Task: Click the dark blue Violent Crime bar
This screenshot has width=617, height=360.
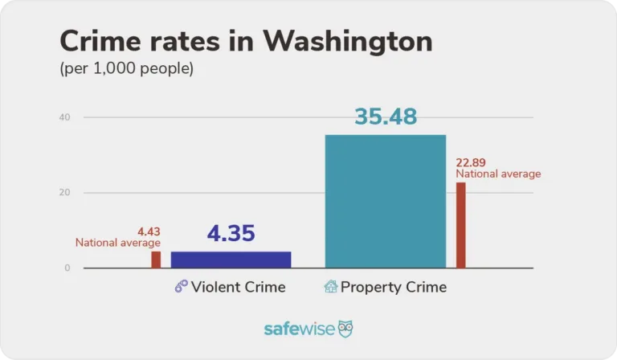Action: [231, 259]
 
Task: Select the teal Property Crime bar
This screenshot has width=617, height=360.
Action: [385, 201]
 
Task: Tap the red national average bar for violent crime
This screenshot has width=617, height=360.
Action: [156, 259]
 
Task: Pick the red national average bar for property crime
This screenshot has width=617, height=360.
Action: [460, 225]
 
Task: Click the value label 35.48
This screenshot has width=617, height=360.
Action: [385, 117]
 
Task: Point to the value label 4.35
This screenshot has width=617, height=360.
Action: [231, 234]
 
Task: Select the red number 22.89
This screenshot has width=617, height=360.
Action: [472, 162]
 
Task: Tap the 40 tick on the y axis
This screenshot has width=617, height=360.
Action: [64, 117]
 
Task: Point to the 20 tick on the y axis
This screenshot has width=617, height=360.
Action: [64, 193]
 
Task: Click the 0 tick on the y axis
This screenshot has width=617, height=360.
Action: [67, 268]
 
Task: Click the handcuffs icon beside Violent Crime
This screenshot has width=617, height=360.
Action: [181, 287]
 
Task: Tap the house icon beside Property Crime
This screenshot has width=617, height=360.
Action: [330, 287]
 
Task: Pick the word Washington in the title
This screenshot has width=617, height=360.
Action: [346, 42]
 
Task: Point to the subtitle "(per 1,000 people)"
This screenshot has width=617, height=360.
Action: [127, 69]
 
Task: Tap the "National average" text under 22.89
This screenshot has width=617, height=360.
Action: [498, 174]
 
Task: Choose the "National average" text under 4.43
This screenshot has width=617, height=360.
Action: [118, 243]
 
